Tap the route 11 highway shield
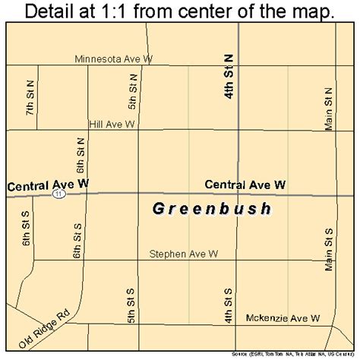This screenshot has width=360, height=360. pos(58,194)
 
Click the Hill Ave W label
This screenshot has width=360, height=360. pos(112,123)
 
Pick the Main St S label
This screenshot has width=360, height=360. pos(329,248)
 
